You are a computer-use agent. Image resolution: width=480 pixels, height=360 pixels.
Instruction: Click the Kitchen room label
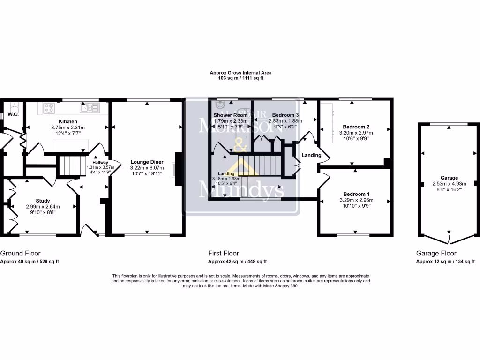click(x=67, y=121)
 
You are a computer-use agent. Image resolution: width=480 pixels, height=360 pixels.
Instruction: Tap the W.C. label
click(x=13, y=114)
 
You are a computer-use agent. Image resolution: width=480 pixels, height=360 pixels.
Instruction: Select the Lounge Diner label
click(x=147, y=162)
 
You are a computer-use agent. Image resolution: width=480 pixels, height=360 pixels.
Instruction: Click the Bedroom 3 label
click(x=285, y=115)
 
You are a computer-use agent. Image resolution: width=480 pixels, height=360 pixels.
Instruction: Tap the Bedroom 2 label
click(x=356, y=127)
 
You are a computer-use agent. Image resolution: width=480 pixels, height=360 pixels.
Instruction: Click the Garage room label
click(x=449, y=178)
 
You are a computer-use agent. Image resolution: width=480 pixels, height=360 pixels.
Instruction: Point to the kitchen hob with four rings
click(x=49, y=108)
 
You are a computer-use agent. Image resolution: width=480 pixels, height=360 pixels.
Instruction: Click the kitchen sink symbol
click(x=89, y=108)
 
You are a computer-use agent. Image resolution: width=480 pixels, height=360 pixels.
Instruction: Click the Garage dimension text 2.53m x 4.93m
click(x=449, y=184)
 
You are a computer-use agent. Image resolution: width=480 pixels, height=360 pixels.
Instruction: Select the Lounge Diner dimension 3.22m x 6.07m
click(x=147, y=168)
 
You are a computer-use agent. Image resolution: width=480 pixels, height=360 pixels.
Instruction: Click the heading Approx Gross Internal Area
click(x=240, y=73)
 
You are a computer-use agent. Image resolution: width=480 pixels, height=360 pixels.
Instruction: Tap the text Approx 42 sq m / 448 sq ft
click(x=237, y=262)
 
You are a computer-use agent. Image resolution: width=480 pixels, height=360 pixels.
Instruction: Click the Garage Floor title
click(x=436, y=253)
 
